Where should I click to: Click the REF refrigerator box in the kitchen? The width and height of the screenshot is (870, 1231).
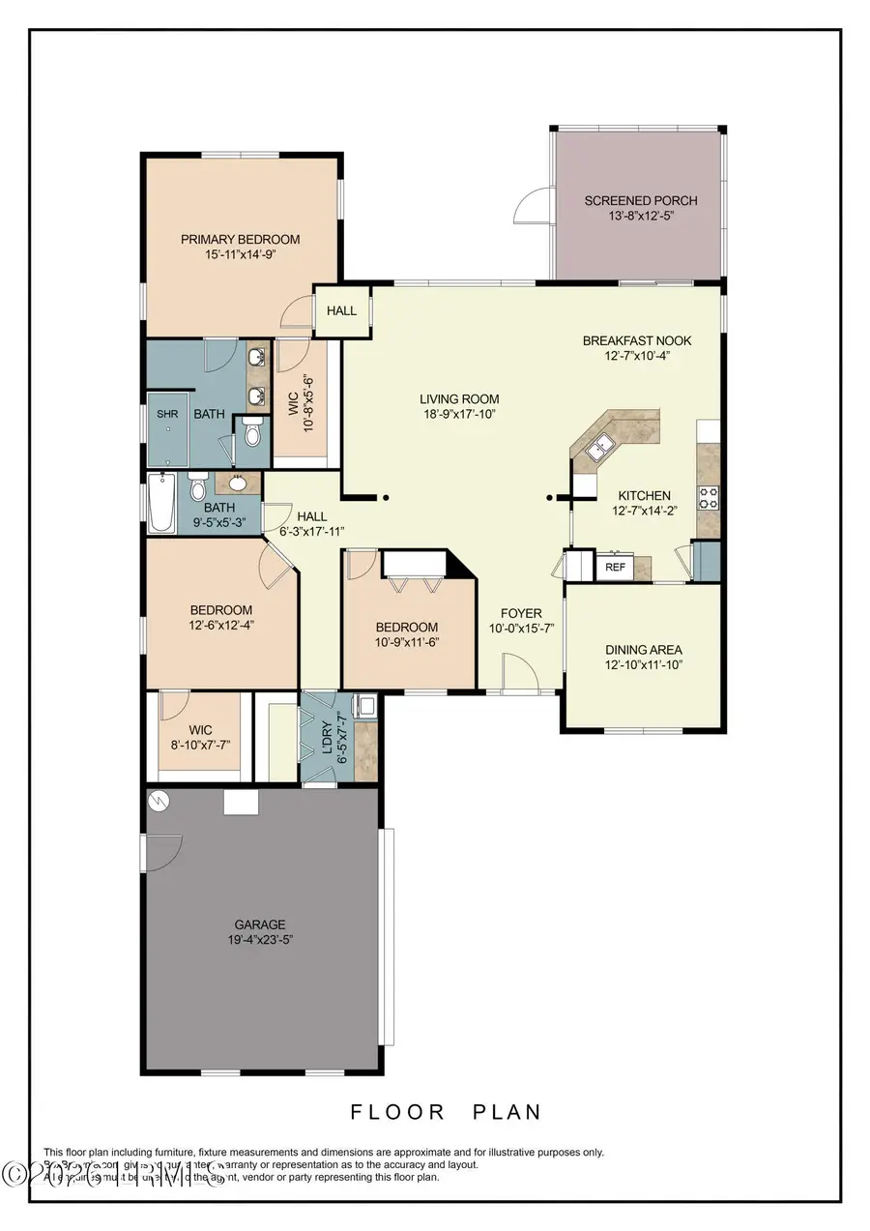[615, 568]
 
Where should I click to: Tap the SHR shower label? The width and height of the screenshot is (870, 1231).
[168, 414]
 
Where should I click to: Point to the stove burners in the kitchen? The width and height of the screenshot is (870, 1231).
[709, 497]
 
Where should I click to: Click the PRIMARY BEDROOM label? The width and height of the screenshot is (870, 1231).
[240, 239]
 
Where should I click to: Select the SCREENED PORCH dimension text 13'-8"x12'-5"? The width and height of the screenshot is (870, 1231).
[640, 217]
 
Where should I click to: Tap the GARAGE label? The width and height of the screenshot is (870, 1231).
[260, 923]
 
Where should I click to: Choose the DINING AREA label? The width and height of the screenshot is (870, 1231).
[643, 650]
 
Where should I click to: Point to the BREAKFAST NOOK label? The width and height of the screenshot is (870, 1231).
[636, 340]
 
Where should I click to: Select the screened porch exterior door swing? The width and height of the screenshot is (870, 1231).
[532, 205]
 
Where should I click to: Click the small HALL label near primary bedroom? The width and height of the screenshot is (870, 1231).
[341, 310]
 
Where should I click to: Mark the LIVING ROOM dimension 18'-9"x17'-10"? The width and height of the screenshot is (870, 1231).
[459, 414]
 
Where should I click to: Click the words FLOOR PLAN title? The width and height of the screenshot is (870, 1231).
[446, 1112]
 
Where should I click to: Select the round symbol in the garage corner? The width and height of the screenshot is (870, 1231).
[158, 801]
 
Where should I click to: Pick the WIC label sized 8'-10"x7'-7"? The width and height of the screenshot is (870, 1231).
[200, 730]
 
